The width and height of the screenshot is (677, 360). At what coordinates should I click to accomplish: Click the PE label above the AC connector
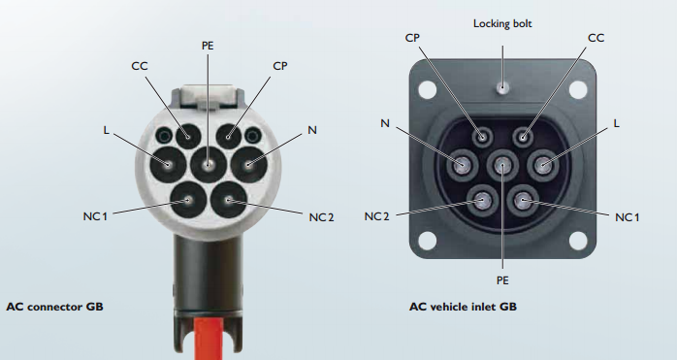[x=208, y=46]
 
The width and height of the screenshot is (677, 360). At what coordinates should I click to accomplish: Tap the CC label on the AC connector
[x=140, y=66]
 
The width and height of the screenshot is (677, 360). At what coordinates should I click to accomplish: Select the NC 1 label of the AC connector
[x=94, y=216]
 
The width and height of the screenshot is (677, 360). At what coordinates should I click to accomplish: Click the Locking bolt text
[x=502, y=23]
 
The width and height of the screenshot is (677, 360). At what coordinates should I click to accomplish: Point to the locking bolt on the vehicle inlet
[x=501, y=87]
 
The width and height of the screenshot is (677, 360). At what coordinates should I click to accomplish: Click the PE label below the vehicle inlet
[x=502, y=280]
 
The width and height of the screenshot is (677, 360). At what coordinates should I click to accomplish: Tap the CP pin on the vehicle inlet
[x=482, y=138]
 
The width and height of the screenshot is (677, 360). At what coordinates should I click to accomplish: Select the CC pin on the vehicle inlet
[x=523, y=138]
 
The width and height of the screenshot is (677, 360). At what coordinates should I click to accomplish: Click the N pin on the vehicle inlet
[x=462, y=165]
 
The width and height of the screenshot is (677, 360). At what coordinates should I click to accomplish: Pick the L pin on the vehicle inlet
[x=543, y=164]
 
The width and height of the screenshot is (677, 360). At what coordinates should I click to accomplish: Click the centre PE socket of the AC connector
[x=209, y=165]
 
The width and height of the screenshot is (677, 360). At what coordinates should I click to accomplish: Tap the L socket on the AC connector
[x=168, y=165]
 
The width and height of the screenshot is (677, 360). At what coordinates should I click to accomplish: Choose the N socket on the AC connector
[x=248, y=165]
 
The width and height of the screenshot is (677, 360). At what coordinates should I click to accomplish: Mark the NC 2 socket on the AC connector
[x=229, y=200]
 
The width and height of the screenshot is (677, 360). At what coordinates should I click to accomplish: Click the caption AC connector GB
[x=55, y=307]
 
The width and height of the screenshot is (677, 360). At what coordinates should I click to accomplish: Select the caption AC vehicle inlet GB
[x=463, y=307]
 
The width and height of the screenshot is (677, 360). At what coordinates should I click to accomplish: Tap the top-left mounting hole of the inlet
[x=427, y=89]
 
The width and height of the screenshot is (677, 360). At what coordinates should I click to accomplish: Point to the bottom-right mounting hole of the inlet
[x=578, y=241]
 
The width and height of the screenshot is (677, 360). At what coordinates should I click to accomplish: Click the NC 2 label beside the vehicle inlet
[x=377, y=216]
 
